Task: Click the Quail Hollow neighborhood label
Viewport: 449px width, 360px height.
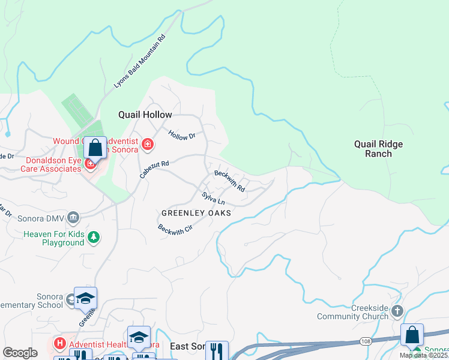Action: tap(145, 115)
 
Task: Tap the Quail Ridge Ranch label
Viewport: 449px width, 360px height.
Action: tap(378, 149)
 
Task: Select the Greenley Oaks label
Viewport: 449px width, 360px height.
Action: tap(196, 213)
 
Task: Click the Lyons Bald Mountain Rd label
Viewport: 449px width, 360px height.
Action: tap(139, 62)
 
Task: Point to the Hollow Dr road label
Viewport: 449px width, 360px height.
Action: tap(182, 136)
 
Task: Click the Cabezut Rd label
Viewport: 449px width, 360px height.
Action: tap(154, 168)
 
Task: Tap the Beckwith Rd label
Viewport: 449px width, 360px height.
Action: tap(230, 180)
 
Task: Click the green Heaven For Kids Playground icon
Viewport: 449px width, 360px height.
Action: tap(93, 238)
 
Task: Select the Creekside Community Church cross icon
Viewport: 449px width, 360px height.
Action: tap(397, 311)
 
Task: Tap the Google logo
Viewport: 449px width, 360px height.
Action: tap(20, 353)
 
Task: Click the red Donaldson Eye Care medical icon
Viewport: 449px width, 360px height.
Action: tap(90, 163)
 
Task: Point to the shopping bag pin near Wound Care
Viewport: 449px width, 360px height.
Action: tap(95, 147)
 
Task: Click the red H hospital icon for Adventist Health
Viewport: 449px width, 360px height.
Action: tap(59, 344)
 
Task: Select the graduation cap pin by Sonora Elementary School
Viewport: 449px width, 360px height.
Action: tap(86, 298)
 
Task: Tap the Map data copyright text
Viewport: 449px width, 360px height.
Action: tap(424, 355)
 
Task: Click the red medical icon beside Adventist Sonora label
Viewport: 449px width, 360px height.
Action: tap(147, 144)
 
